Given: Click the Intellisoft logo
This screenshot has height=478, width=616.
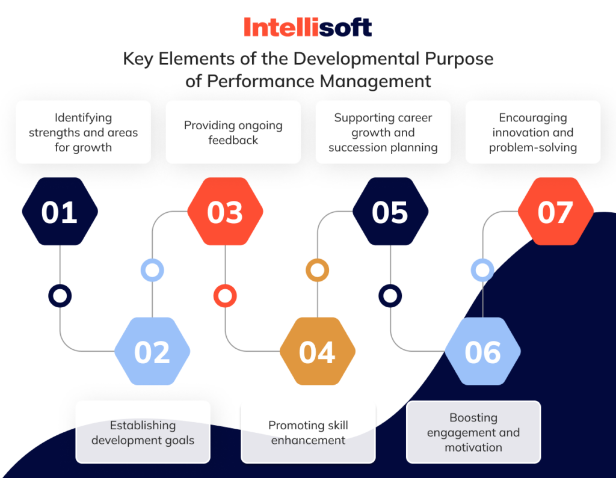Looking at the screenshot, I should pyautogui.click(x=307, y=27).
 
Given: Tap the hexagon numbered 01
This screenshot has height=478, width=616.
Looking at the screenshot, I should pyautogui.click(x=60, y=212).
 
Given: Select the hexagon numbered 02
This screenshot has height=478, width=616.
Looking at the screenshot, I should pyautogui.click(x=152, y=352).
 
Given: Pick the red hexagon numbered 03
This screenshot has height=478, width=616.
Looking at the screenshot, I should pyautogui.click(x=225, y=212).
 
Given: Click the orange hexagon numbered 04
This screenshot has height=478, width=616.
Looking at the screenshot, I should pyautogui.click(x=317, y=352).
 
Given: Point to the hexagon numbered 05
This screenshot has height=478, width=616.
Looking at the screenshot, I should pyautogui.click(x=390, y=212).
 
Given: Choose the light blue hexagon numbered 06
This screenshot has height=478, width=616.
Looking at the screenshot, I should pyautogui.click(x=482, y=352).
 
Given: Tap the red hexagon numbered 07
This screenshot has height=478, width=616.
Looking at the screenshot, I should pyautogui.click(x=555, y=212).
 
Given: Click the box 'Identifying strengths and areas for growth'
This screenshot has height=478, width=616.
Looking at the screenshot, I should pyautogui.click(x=83, y=132).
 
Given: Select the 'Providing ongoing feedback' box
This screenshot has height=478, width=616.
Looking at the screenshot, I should pyautogui.click(x=233, y=132).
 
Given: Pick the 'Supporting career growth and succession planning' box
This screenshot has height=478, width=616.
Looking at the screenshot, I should pyautogui.click(x=383, y=132).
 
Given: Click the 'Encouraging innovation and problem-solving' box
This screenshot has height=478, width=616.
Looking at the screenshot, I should pyautogui.click(x=532, y=132).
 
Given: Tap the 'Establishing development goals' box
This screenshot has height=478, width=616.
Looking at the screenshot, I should pyautogui.click(x=143, y=432).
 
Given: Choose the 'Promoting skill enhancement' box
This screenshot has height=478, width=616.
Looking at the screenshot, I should pyautogui.click(x=308, y=432).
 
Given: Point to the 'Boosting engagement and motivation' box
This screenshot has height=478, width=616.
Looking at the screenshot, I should pyautogui.click(x=473, y=432).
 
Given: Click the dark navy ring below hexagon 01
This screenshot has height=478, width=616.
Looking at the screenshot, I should pyautogui.click(x=60, y=296).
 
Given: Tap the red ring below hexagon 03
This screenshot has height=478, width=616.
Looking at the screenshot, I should pyautogui.click(x=225, y=296).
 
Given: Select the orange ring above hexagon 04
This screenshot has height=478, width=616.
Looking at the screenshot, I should pyautogui.click(x=317, y=270).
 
